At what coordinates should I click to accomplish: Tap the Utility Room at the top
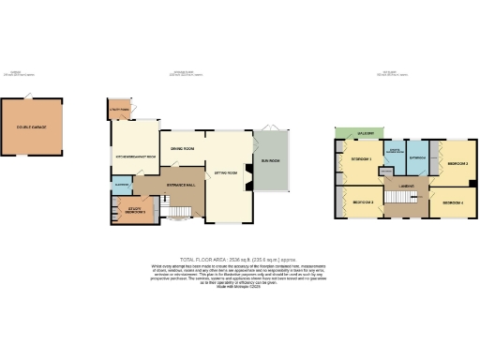(120, 109)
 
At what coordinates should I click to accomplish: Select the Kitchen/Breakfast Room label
(134, 157)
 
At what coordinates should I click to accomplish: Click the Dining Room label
(182, 148)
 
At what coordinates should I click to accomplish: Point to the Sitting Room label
(225, 173)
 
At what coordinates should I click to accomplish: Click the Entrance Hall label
(181, 185)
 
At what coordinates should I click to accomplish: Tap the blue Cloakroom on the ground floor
(121, 185)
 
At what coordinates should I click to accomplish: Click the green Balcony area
(365, 133)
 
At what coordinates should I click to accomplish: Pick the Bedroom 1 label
(361, 159)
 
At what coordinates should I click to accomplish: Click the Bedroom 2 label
(363, 202)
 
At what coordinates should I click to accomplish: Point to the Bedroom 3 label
(457, 163)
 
